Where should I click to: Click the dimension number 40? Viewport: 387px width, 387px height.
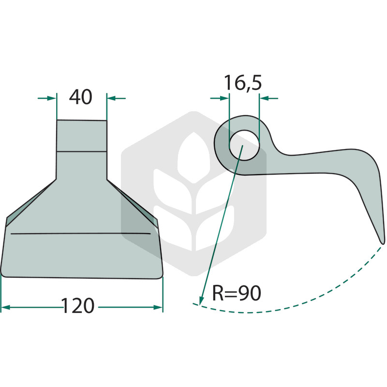point(81,97)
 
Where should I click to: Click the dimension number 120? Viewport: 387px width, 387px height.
point(77,306)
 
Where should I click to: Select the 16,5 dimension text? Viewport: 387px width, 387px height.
point(243,83)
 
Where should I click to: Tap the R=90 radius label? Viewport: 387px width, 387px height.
point(237,293)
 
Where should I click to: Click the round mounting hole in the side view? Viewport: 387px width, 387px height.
point(244,146)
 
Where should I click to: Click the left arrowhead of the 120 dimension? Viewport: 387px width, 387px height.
point(5,307)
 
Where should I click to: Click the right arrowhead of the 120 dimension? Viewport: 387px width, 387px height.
point(158,307)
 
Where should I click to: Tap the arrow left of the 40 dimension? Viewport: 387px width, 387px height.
point(47,98)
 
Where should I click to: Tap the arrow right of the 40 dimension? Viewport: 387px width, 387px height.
point(116,98)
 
